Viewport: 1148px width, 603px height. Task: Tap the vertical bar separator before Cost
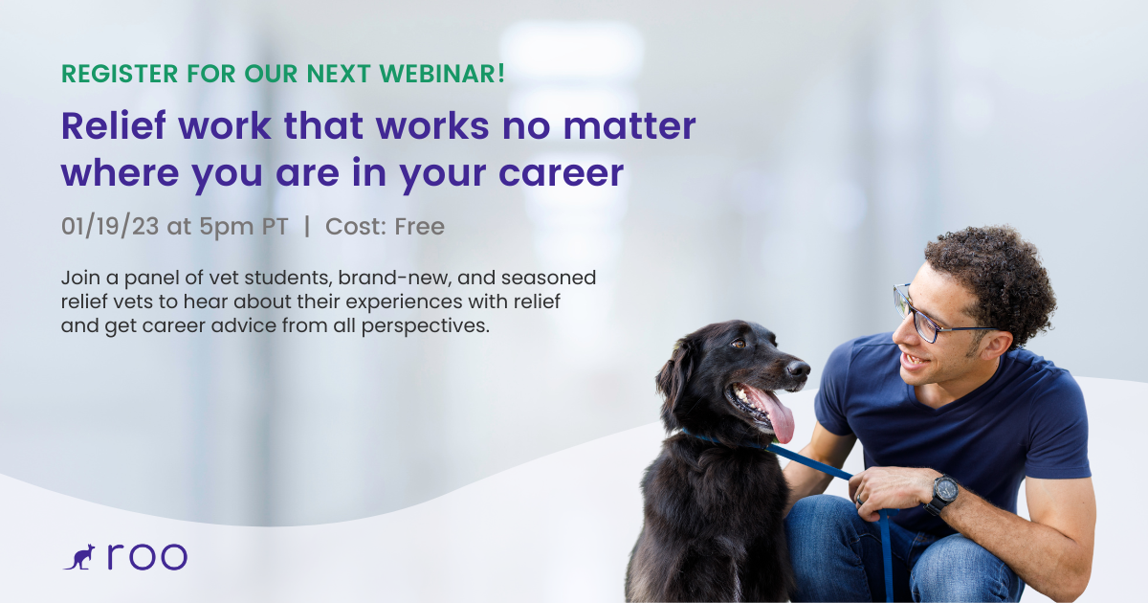[x=307, y=227]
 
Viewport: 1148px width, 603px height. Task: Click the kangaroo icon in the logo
[x=79, y=557]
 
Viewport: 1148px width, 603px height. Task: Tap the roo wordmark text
[x=146, y=557]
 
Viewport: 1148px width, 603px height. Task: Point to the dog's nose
[x=799, y=368]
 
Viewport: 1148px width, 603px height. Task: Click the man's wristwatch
[x=942, y=493]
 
